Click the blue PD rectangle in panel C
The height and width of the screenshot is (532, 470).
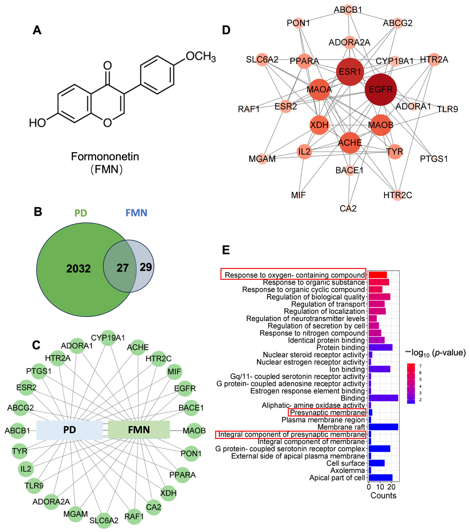coord(70,430)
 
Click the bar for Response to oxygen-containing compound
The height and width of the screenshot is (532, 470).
coord(377,275)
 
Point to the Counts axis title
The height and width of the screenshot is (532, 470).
coord(383,495)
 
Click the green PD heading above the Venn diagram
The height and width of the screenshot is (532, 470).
coord(80,213)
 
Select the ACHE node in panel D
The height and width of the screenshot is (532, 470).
coord(350,143)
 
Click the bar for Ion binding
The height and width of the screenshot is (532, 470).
coord(379,369)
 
